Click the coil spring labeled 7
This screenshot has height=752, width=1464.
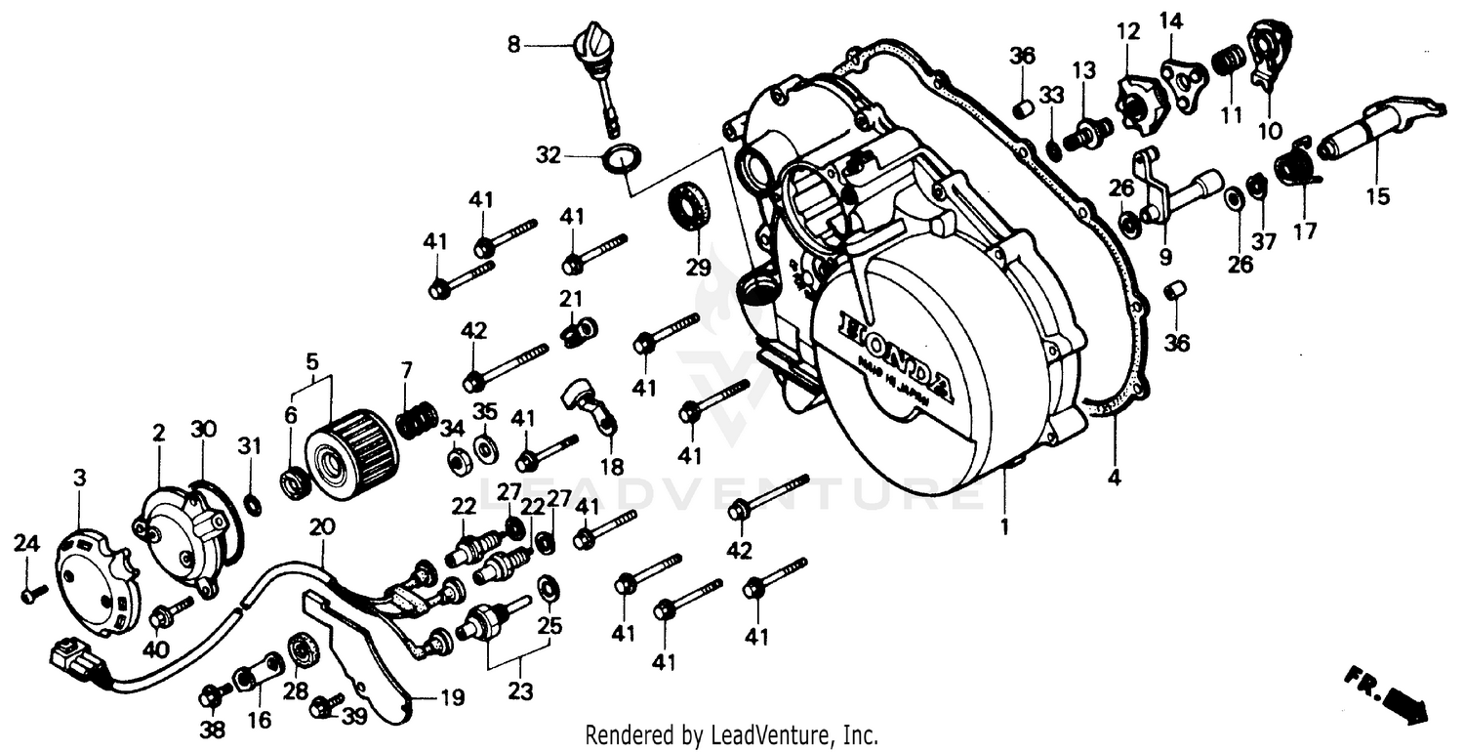coord(417,421)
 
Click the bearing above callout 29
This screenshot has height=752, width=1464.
coord(689,207)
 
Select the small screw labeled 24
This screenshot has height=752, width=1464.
coord(32,592)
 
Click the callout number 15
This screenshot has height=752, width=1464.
coord(1377,196)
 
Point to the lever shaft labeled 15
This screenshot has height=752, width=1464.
coord(1366,132)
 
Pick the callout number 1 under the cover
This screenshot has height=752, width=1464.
coord(1005,526)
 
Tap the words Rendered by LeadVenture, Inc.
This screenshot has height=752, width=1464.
coord(731,734)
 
